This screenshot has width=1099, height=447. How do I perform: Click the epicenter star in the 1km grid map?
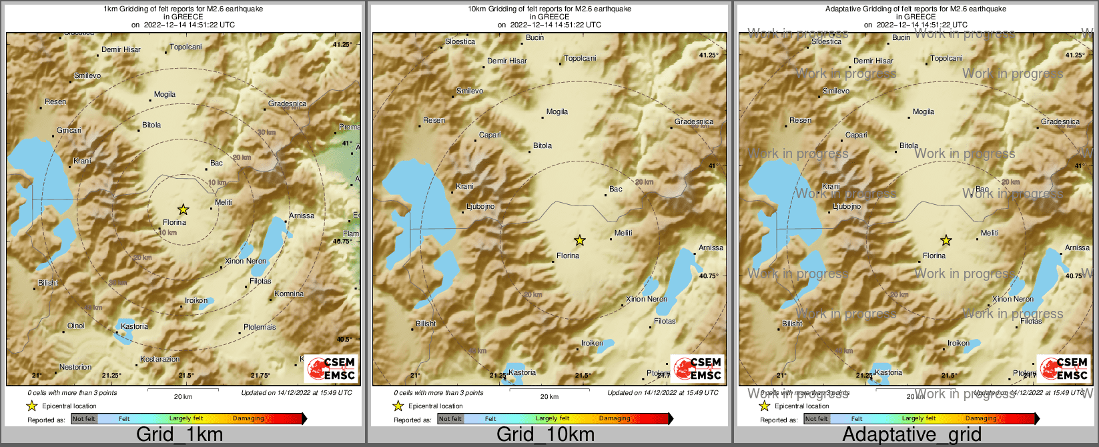pos(184,209)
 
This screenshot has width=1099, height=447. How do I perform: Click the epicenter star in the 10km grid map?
pos(580,240)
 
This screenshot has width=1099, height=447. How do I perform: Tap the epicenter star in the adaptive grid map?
pos(946,240)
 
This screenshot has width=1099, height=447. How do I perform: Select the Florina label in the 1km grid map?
pos(175,222)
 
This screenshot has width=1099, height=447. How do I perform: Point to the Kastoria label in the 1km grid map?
pos(135,326)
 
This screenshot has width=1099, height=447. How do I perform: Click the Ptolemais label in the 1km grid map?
pos(260,327)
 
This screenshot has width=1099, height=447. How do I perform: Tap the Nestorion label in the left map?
pos(75,367)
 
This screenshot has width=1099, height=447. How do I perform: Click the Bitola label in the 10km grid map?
pos(542,145)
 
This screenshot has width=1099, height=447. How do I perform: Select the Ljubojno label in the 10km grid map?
pos(480,206)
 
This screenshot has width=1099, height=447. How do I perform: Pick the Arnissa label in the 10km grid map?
pos(711,248)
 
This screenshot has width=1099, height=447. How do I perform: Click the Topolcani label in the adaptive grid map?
pos(946,58)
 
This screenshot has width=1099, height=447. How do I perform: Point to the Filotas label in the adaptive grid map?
pos(1031,321)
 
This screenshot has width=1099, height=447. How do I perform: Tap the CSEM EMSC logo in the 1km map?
pos(331,368)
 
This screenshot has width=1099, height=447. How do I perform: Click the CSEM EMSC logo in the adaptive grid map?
pos(1064,368)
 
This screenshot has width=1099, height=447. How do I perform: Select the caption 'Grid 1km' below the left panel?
pos(179,435)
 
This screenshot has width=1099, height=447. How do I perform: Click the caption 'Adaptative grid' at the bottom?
pos(911,435)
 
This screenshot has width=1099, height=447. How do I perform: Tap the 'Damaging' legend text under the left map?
pos(248,419)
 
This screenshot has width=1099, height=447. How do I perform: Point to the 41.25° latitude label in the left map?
pos(342,44)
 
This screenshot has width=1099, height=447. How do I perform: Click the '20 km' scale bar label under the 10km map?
pos(549,396)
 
